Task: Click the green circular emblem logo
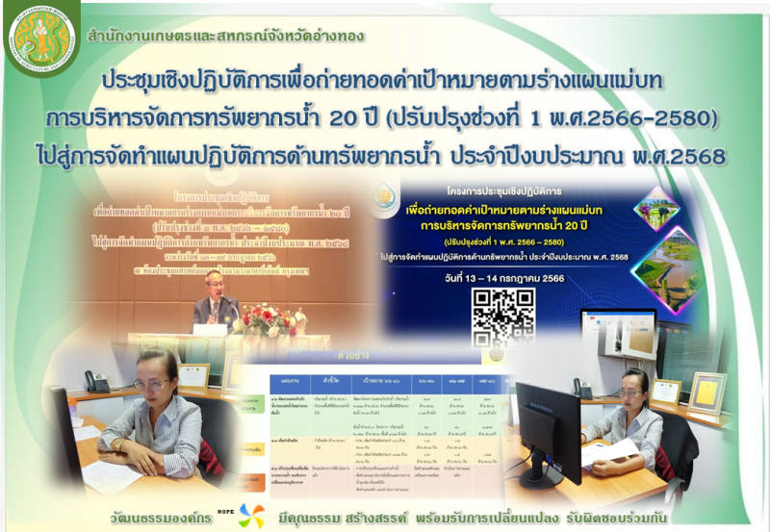pos(41,39)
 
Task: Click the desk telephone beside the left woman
pos(96,381)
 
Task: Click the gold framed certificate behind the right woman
pos(709,392)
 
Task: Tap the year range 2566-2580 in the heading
pos(640,117)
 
